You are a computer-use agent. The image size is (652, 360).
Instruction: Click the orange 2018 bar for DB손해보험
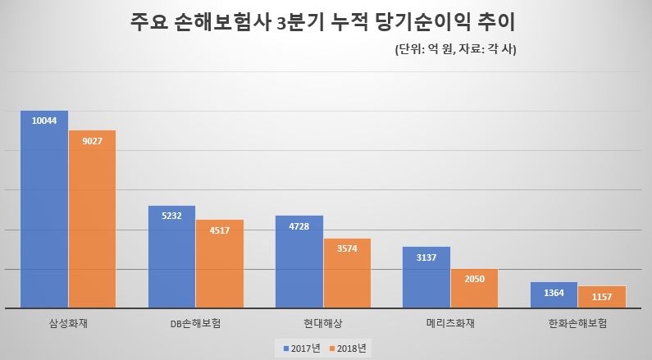[x=219, y=264]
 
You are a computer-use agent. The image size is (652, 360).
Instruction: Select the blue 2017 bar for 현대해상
[x=299, y=262]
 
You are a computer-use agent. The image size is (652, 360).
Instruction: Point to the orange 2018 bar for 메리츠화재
[x=474, y=288]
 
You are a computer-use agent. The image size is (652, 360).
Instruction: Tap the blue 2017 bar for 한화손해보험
[x=554, y=295]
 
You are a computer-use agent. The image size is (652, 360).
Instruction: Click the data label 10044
[x=44, y=121]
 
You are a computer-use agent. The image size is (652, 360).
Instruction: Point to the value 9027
[x=92, y=141]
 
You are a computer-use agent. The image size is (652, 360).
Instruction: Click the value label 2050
[x=474, y=280]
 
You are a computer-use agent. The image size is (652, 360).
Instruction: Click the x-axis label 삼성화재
[x=68, y=323]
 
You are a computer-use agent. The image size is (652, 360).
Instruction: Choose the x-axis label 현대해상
[x=323, y=323]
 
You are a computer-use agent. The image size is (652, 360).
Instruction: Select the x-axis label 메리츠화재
[x=450, y=323]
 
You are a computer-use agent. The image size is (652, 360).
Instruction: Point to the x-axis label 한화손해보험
[x=578, y=323]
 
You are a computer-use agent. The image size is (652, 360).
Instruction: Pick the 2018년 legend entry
[x=349, y=348]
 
